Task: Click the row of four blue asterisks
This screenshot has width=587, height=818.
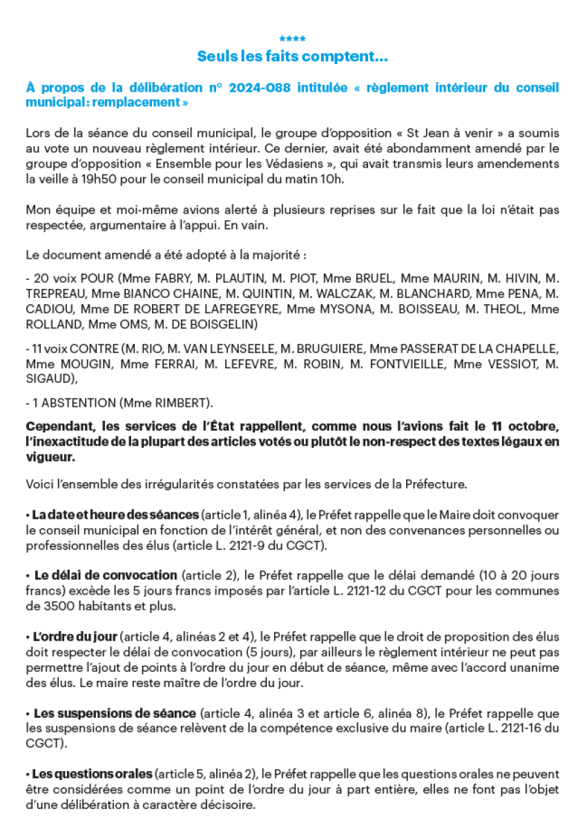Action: pyautogui.click(x=293, y=39)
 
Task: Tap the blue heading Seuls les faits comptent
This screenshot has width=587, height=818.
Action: pyautogui.click(x=293, y=57)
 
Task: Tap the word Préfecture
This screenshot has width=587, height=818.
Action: pyautogui.click(x=437, y=484)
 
